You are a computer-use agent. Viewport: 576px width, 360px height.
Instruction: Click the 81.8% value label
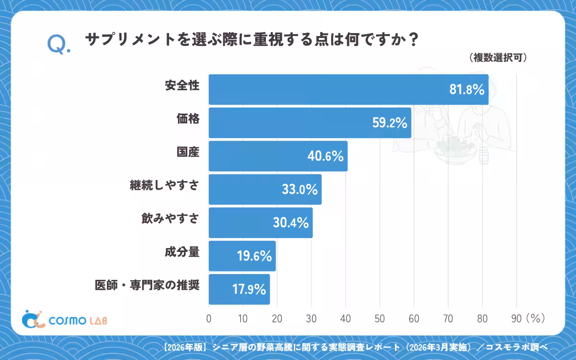[467, 89]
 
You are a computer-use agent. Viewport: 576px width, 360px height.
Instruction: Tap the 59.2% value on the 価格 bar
[390, 123]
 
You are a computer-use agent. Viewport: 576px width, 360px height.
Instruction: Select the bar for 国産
[278, 156]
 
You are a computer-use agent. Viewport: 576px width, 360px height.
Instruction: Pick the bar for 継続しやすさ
[265, 189]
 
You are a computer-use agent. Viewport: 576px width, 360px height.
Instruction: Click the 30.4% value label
[290, 223]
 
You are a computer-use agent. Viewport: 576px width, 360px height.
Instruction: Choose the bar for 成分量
[242, 256]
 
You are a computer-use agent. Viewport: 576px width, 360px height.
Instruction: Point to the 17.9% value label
[249, 289]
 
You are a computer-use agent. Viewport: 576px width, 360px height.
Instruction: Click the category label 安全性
[182, 85]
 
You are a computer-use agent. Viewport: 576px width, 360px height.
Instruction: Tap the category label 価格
[188, 119]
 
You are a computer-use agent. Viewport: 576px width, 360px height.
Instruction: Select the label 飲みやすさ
[170, 218]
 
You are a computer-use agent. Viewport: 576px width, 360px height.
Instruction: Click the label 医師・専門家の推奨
[147, 285]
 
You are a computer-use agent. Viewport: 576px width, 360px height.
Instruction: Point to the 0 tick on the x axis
[209, 319]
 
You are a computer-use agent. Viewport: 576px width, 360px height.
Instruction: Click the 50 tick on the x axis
[380, 319]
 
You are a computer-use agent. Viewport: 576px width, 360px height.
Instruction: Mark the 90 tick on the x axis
[516, 319]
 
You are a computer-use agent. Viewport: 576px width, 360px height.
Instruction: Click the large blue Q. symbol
[59, 44]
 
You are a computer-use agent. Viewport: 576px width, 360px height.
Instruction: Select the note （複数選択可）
[498, 58]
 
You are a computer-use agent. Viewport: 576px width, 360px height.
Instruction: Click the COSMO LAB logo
[64, 319]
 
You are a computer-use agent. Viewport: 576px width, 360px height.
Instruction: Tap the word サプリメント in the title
[131, 40]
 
